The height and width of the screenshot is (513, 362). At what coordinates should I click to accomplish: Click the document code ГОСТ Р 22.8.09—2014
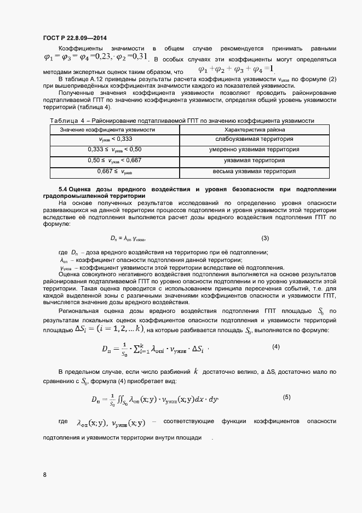pyautogui.click(x=74, y=38)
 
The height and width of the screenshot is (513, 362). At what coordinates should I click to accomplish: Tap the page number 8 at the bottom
pyautogui.click(x=45, y=475)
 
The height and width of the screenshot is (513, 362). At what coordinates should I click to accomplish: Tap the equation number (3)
pyautogui.click(x=265, y=238)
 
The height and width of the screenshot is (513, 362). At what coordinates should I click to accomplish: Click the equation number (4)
pyautogui.click(x=276, y=347)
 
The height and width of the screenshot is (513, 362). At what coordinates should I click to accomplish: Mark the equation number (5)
pyautogui.click(x=286, y=397)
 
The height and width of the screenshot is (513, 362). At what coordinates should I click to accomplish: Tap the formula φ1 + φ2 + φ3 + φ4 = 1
pyautogui.click(x=235, y=70)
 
